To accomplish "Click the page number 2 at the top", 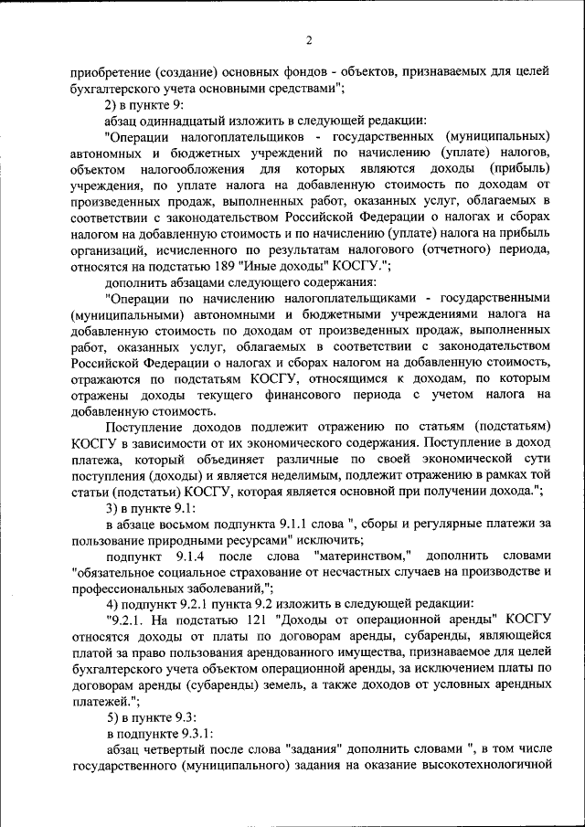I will coord(309,39).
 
